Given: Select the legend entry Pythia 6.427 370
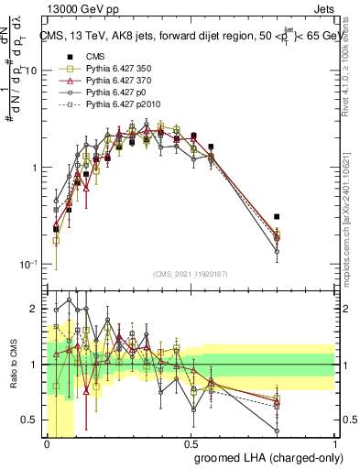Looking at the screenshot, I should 108,82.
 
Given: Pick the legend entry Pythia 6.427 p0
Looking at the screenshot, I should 104,94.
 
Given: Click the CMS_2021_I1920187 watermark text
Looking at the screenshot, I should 190,274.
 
